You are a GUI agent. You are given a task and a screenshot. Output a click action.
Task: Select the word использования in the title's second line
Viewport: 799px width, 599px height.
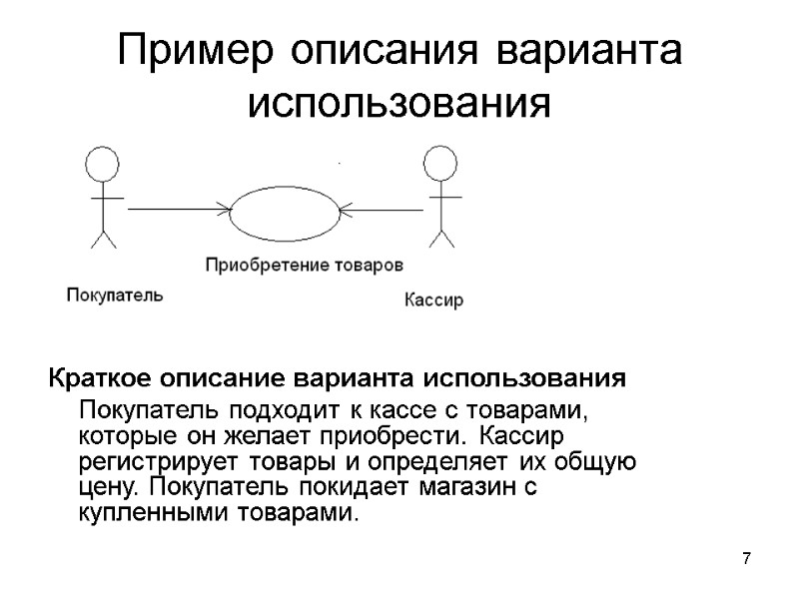click(x=399, y=101)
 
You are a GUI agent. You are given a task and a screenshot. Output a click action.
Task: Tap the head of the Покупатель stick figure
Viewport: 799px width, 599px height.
click(x=100, y=163)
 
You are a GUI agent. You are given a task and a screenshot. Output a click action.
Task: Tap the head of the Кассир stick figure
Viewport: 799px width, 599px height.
click(x=440, y=162)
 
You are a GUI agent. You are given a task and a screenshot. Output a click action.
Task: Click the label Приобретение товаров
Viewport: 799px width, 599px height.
click(x=305, y=266)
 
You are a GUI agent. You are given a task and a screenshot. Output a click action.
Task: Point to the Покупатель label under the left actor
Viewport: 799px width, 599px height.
click(x=114, y=295)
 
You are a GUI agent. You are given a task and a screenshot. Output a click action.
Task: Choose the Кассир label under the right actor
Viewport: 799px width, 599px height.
click(x=434, y=299)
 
